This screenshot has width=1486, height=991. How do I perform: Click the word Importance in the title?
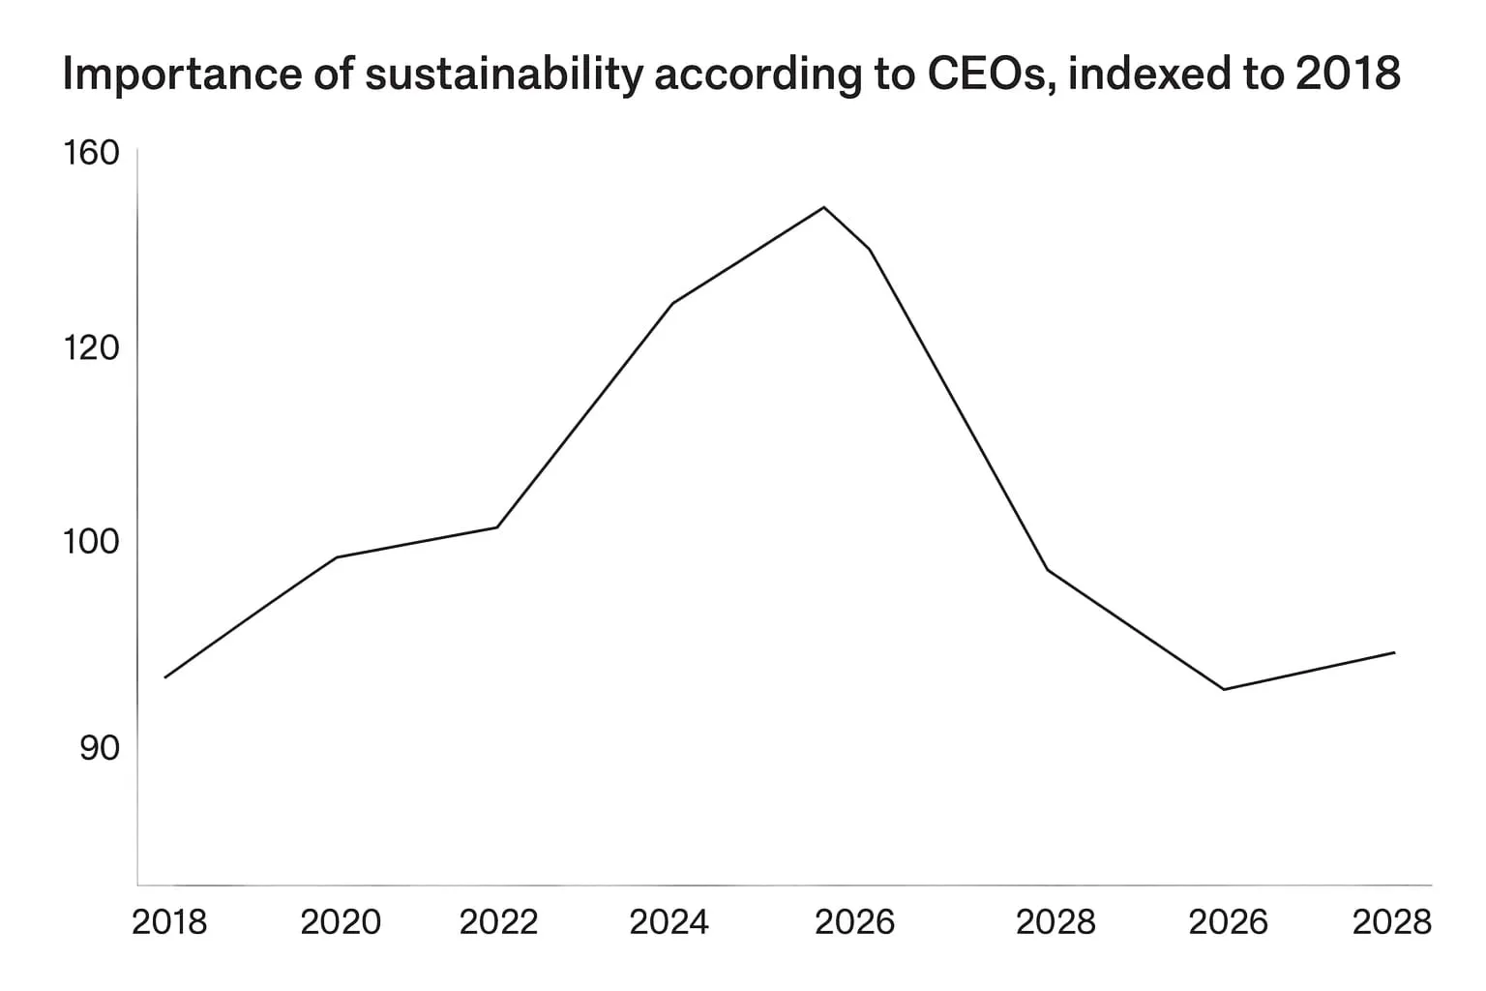[x=183, y=73]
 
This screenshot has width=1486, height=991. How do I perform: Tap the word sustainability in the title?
[x=504, y=75]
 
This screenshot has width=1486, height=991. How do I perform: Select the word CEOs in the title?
[x=991, y=75]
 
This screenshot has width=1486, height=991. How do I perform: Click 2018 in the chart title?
[x=1348, y=73]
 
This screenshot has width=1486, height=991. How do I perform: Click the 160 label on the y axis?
[x=91, y=153]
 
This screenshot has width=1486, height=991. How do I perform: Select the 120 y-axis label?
[x=91, y=347]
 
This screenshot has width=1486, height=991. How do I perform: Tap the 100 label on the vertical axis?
[x=91, y=542]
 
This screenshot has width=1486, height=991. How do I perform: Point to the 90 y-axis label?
[x=100, y=748]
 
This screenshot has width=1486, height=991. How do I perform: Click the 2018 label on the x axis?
[x=170, y=922]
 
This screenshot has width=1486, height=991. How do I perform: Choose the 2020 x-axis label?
[x=341, y=922]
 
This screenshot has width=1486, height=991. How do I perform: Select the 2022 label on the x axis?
[x=498, y=922]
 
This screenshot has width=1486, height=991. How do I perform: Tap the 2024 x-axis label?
[x=669, y=922]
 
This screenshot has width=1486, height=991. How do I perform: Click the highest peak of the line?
[x=824, y=207]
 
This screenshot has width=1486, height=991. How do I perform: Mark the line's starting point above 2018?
[x=164, y=677]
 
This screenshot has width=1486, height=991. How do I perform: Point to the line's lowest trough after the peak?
[x=1224, y=690]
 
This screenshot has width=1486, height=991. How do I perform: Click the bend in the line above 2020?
[x=337, y=557]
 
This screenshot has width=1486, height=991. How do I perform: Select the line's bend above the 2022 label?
[x=497, y=527]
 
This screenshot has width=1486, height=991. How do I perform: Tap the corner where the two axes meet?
[x=137, y=885]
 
